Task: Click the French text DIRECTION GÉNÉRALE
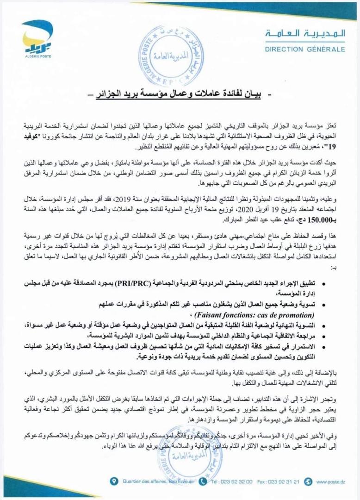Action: [x=305, y=49]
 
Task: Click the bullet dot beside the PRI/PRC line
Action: [x=322, y=282]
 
